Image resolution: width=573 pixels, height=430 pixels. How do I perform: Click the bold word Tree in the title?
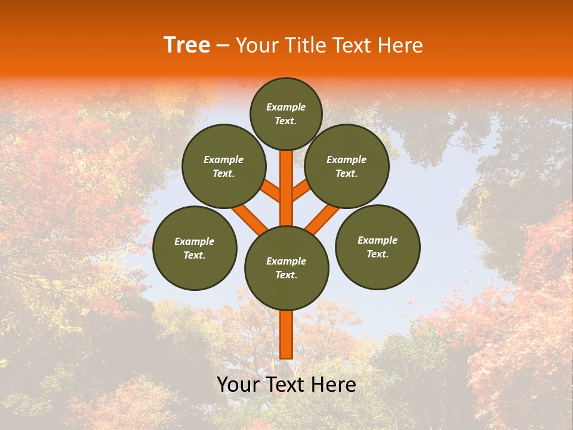coord(187,45)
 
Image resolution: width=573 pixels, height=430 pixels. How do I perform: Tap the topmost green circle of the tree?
coord(286,113)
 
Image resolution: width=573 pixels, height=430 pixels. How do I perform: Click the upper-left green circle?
coord(224,166)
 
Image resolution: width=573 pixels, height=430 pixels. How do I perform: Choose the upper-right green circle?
coord(347,166)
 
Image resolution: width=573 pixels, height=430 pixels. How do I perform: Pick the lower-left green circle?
coord(195,248)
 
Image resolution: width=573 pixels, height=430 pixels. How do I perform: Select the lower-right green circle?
coord(377,247)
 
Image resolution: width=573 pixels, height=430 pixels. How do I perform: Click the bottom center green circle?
coord(286,268)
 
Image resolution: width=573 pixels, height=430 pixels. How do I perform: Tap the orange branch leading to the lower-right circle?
coord(322,217)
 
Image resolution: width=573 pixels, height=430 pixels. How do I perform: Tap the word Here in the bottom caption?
coord(334,385)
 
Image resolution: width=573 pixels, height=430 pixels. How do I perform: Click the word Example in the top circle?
coord(286,107)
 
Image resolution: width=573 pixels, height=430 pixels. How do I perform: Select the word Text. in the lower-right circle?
coord(377,254)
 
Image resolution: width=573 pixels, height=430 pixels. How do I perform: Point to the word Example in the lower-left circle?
coord(194,241)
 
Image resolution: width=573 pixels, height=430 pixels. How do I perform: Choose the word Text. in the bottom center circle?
coord(286,275)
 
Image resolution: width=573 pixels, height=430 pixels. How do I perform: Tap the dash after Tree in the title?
coord(223,45)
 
